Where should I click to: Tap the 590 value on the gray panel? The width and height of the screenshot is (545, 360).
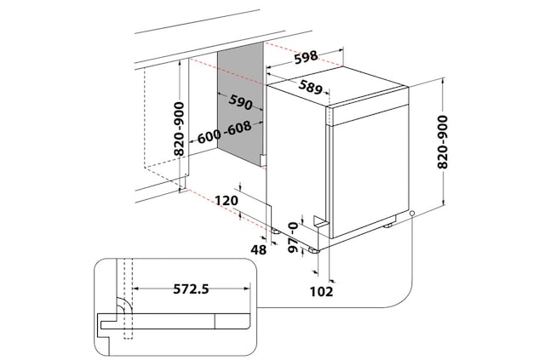[241, 105]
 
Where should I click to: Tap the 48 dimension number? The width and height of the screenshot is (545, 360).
[260, 249]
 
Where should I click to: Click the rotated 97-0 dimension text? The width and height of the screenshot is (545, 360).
[294, 233]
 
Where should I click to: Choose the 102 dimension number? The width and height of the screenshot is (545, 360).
[321, 292]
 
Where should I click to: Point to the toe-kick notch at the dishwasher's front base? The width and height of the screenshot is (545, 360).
[320, 220]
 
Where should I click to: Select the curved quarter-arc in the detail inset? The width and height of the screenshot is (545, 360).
[122, 306]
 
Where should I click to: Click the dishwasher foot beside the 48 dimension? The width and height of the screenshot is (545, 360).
[276, 229]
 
